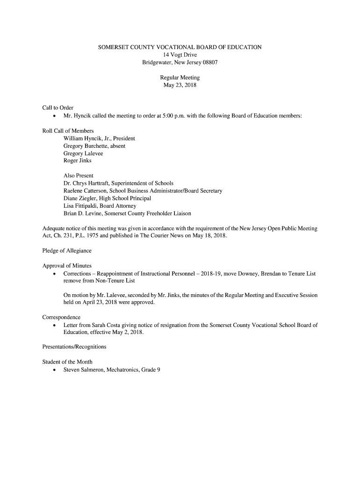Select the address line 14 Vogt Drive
[x=180, y=55]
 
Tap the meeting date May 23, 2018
[x=180, y=85]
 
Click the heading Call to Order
[x=58, y=108]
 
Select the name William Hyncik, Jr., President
[x=99, y=138]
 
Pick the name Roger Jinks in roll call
[x=78, y=161]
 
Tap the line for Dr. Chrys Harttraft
[x=118, y=183]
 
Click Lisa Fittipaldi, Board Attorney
[x=100, y=206]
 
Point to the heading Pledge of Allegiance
[x=67, y=251]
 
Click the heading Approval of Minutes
[x=67, y=266]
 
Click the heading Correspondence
[x=61, y=317]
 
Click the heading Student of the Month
[x=67, y=362]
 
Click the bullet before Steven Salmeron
[x=56, y=370]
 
